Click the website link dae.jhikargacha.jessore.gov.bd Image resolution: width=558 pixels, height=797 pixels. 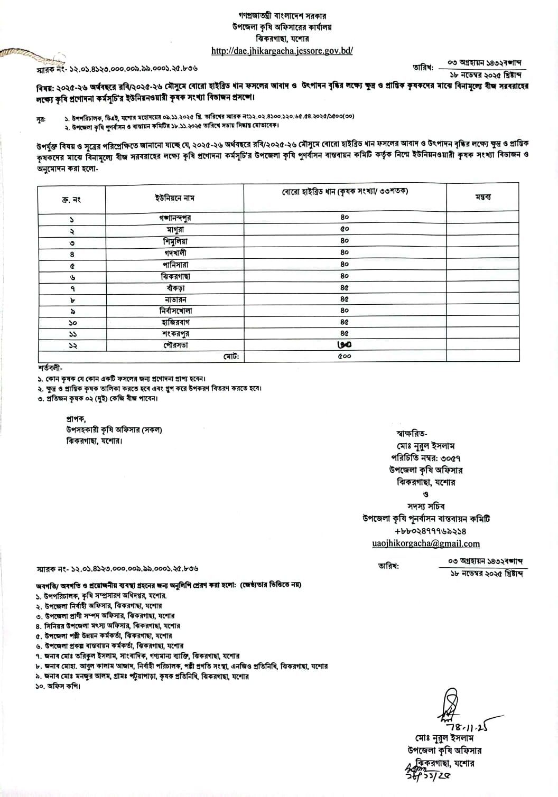click(282, 51)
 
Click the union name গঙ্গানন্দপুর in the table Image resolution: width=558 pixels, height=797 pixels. click(174, 218)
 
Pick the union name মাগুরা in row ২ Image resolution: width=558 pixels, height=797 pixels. click(175, 229)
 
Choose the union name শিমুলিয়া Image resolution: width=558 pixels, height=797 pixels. click(175, 241)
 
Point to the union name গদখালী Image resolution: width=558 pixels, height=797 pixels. click(175, 252)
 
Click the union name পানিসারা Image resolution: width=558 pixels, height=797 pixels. click(175, 264)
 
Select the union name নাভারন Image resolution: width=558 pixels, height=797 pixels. click(175, 299)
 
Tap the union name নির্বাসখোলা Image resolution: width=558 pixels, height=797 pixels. click(175, 311)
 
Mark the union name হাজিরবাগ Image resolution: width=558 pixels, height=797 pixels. click(175, 322)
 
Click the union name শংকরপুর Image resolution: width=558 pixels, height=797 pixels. click(175, 334)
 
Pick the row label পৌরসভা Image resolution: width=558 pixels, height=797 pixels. click(175, 345)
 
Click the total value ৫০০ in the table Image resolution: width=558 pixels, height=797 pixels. click(345, 357)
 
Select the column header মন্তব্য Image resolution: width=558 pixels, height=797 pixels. click(483, 196)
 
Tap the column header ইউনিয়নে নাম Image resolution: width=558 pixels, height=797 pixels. click(174, 198)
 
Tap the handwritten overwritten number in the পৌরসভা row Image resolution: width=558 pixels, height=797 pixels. click(345, 345)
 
